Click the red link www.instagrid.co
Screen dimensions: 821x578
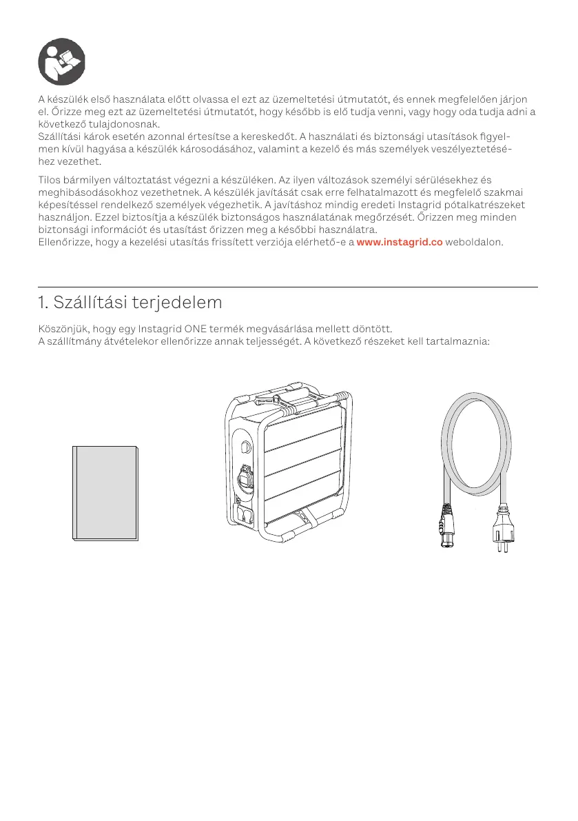[400, 243]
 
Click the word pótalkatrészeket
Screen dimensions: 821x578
[482, 205]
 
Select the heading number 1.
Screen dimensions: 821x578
[42, 303]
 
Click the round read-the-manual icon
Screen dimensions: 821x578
[61, 61]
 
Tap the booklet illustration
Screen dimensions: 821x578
[106, 492]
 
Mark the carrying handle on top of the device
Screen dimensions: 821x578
[289, 398]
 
